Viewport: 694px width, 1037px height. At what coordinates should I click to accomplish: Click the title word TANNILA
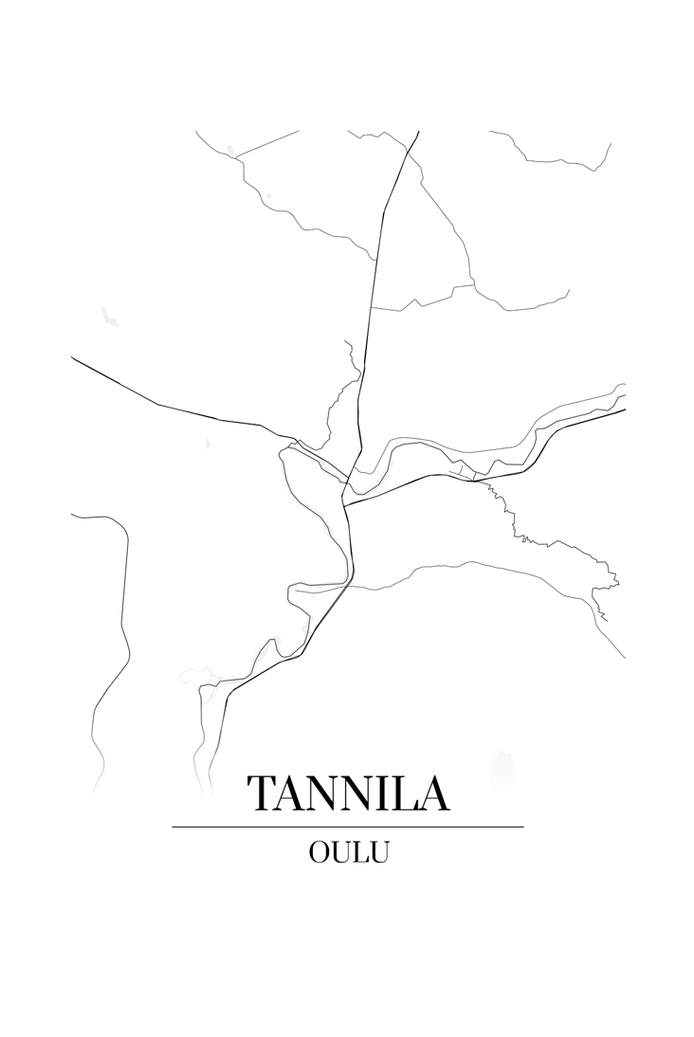pyautogui.click(x=347, y=793)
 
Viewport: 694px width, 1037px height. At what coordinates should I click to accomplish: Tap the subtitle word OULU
pyautogui.click(x=348, y=852)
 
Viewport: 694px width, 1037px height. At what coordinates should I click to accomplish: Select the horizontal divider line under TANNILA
pyautogui.click(x=347, y=827)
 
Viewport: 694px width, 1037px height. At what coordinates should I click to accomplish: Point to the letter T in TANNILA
pyautogui.click(x=263, y=794)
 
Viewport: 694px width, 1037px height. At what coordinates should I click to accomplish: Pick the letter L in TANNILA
pyautogui.click(x=406, y=794)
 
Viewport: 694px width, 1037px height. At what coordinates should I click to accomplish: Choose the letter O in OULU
pyautogui.click(x=320, y=852)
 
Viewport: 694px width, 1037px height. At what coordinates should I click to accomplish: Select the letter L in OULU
pyautogui.click(x=359, y=852)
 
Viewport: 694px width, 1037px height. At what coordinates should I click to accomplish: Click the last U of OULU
pyautogui.click(x=378, y=852)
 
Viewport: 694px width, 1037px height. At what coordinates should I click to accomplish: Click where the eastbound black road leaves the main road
pyautogui.click(x=344, y=505)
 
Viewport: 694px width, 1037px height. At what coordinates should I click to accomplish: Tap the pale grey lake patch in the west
pyautogui.click(x=110, y=317)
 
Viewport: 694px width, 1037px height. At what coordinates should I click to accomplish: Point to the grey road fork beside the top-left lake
pyautogui.click(x=237, y=155)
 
